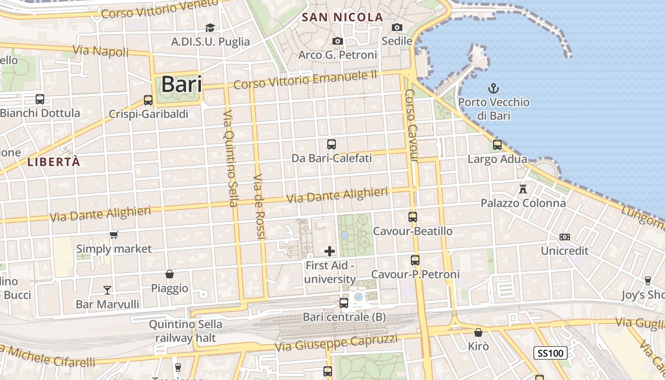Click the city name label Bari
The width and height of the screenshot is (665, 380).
(181, 84)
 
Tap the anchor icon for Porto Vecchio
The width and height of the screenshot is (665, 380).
(494, 88)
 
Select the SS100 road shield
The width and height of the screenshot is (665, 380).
(551, 353)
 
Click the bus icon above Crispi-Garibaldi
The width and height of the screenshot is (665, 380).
(148, 100)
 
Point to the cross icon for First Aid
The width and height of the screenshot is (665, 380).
(329, 251)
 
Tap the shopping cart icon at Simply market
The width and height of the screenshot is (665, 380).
(114, 235)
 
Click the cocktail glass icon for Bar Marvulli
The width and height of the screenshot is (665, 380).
(107, 290)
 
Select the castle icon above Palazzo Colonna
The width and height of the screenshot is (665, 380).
(523, 189)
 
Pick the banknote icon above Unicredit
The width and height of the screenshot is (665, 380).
(564, 237)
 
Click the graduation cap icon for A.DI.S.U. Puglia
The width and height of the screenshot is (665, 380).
(210, 28)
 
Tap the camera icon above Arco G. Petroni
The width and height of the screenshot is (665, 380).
(338, 41)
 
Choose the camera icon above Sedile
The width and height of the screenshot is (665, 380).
(397, 27)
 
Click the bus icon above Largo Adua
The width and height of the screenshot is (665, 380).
(497, 144)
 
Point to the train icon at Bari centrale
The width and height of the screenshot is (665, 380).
(344, 303)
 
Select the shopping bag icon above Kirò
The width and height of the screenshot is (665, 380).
(478, 332)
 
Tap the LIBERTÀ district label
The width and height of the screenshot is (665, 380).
(54, 162)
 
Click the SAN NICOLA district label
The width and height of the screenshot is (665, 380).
(342, 18)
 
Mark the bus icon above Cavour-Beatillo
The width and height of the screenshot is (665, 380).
(412, 217)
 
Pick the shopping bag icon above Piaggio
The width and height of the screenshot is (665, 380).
(170, 274)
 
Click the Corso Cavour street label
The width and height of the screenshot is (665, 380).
(412, 126)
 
